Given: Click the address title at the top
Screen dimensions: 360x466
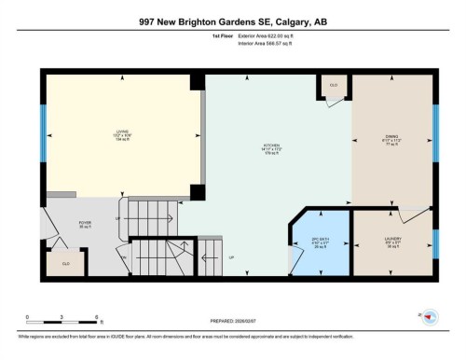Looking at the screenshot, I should click(233, 21).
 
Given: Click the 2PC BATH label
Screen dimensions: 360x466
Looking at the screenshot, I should click(321, 244).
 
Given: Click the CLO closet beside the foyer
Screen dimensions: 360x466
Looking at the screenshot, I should click(65, 264).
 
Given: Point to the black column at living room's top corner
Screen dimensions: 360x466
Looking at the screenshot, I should click(197, 82).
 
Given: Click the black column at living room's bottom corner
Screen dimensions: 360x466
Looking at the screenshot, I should click(197, 193).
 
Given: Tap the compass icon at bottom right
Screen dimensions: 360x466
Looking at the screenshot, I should click(430, 318).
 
